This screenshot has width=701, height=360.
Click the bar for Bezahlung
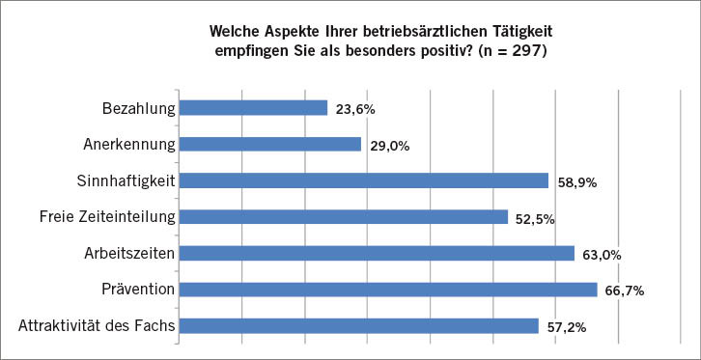point(253,108)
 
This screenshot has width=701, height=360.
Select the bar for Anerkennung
point(270,145)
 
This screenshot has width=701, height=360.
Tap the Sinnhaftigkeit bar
point(363,180)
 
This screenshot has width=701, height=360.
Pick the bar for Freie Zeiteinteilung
point(343,217)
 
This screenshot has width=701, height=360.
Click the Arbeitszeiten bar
point(377,254)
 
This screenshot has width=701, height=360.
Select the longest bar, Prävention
point(388,290)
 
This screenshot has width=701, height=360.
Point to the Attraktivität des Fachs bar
point(358,326)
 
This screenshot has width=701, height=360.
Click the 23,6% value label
point(355,110)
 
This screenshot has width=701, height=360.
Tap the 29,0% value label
point(390,147)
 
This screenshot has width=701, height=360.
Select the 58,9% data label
point(577,182)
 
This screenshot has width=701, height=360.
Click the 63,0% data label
point(603,256)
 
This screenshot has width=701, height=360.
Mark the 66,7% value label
point(625,291)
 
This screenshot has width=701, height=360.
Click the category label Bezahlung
point(138,108)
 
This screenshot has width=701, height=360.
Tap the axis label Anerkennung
point(128,145)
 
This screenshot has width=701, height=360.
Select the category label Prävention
point(137,290)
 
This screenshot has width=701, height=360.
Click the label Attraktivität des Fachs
point(97,326)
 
